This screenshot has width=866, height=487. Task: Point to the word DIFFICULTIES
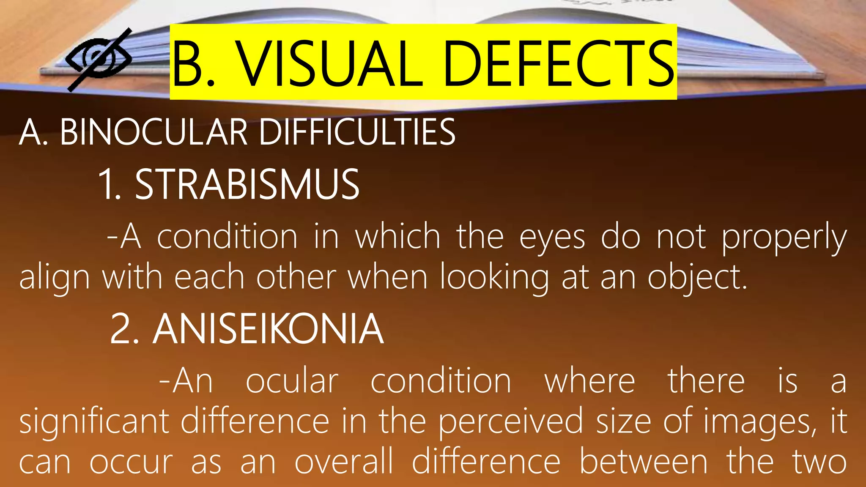point(357,132)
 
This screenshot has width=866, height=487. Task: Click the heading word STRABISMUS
point(247,184)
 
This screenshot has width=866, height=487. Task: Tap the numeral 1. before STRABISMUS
point(109,184)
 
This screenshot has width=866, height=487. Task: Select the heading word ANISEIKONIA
point(268,329)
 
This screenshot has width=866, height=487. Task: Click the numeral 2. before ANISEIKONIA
point(124,329)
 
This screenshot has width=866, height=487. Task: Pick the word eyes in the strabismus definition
point(552,238)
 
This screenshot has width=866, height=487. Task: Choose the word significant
point(94,422)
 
